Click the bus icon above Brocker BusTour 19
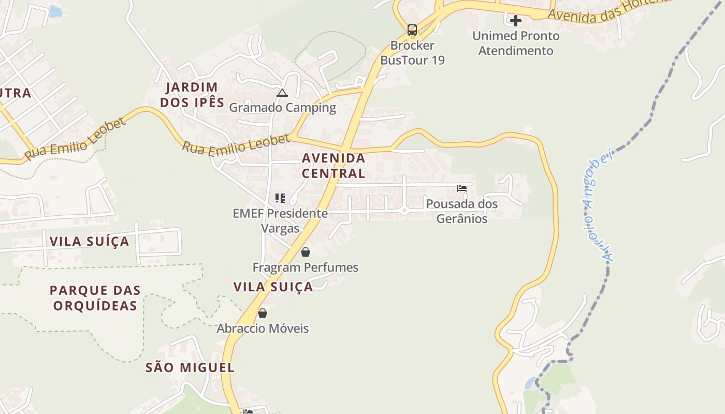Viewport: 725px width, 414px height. [x=412, y=30]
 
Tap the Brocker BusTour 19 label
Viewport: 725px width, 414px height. [x=412, y=53]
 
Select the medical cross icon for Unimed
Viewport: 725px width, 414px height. [x=516, y=21]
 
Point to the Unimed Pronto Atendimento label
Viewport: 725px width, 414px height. [x=516, y=43]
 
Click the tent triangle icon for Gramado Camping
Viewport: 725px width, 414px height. [x=282, y=93]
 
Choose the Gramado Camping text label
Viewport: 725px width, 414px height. [x=283, y=108]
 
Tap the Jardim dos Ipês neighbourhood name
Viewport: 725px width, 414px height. [x=192, y=95]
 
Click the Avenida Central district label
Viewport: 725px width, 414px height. [x=334, y=166]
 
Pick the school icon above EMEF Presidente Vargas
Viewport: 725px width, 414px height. [x=280, y=198]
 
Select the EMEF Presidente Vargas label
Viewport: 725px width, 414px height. [x=280, y=221]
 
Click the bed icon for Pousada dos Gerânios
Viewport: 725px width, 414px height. [x=462, y=188]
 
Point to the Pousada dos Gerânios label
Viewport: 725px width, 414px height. [x=462, y=211]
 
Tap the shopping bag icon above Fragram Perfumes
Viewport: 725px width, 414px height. [x=306, y=252]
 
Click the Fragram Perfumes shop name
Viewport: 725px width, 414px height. [x=306, y=268]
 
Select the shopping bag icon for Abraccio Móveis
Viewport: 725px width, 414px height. [x=263, y=313]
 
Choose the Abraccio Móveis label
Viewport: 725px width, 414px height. [x=263, y=329]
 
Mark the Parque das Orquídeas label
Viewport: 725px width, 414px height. [x=95, y=298]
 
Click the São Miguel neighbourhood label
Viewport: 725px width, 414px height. [x=190, y=368]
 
